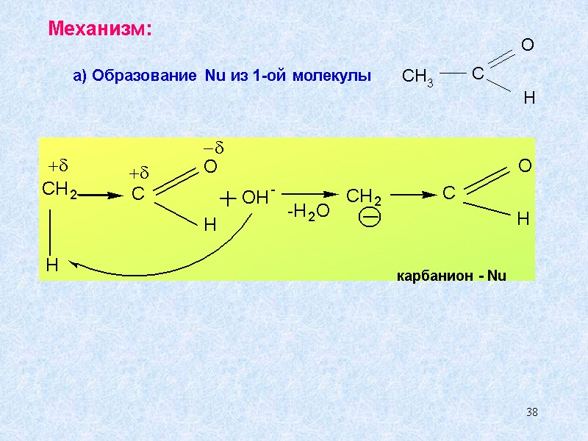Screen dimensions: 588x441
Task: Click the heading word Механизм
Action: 100,29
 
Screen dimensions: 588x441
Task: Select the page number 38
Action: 532,411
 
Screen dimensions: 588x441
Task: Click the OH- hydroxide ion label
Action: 258,197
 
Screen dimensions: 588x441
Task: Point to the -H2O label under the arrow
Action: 309,212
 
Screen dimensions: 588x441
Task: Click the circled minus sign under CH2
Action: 370,218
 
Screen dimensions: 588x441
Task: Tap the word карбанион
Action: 432,276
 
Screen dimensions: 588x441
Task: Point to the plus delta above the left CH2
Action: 58,163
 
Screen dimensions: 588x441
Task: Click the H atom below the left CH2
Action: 51,265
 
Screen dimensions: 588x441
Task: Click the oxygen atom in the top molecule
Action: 527,46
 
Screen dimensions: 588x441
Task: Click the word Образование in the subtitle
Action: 143,76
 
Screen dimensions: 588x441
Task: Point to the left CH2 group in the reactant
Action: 59,191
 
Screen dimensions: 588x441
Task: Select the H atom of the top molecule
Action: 528,97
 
